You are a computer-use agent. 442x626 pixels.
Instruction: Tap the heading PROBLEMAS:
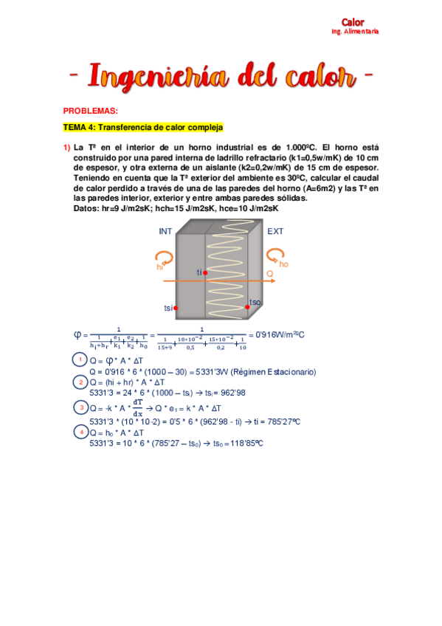pos(90,111)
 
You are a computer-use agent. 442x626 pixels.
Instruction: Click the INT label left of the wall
pos(165,231)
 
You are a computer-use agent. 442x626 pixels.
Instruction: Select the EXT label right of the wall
pos(275,231)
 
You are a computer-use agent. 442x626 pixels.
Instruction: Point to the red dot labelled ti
pos(205,272)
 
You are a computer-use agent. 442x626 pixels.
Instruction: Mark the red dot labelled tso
pos(247,307)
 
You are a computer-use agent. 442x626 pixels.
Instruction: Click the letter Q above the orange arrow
pos(269,273)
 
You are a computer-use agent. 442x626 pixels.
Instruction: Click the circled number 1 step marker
pos(80,360)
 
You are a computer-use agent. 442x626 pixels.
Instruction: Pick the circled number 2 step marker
pos(80,382)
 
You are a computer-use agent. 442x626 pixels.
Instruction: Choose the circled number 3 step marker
pos(80,407)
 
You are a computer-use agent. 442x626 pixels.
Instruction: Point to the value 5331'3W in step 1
pos(224,372)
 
